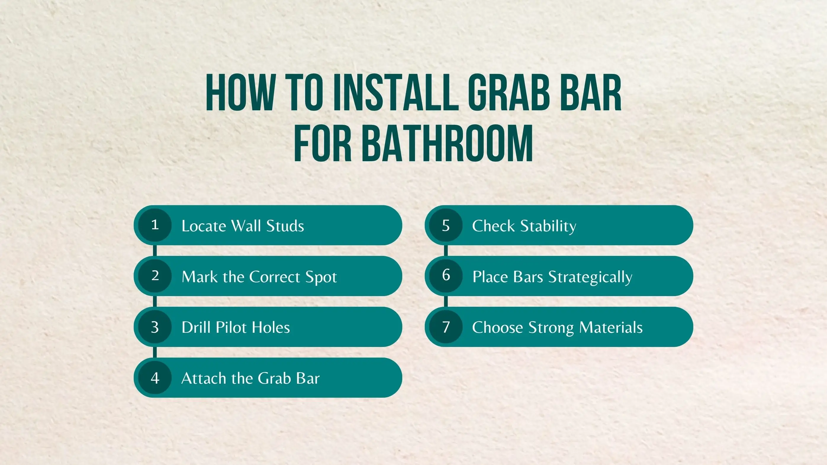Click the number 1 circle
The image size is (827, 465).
155,225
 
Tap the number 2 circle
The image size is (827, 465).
155,276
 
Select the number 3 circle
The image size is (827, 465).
155,327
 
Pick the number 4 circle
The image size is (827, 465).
155,378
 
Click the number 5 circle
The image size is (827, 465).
445,225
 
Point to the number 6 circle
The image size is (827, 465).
445,276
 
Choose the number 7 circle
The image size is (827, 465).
445,327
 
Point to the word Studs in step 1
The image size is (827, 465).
285,226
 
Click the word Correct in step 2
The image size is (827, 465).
274,277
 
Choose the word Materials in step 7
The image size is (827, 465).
611,327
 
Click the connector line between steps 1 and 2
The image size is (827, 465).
155,251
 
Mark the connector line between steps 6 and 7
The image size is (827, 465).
445,301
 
